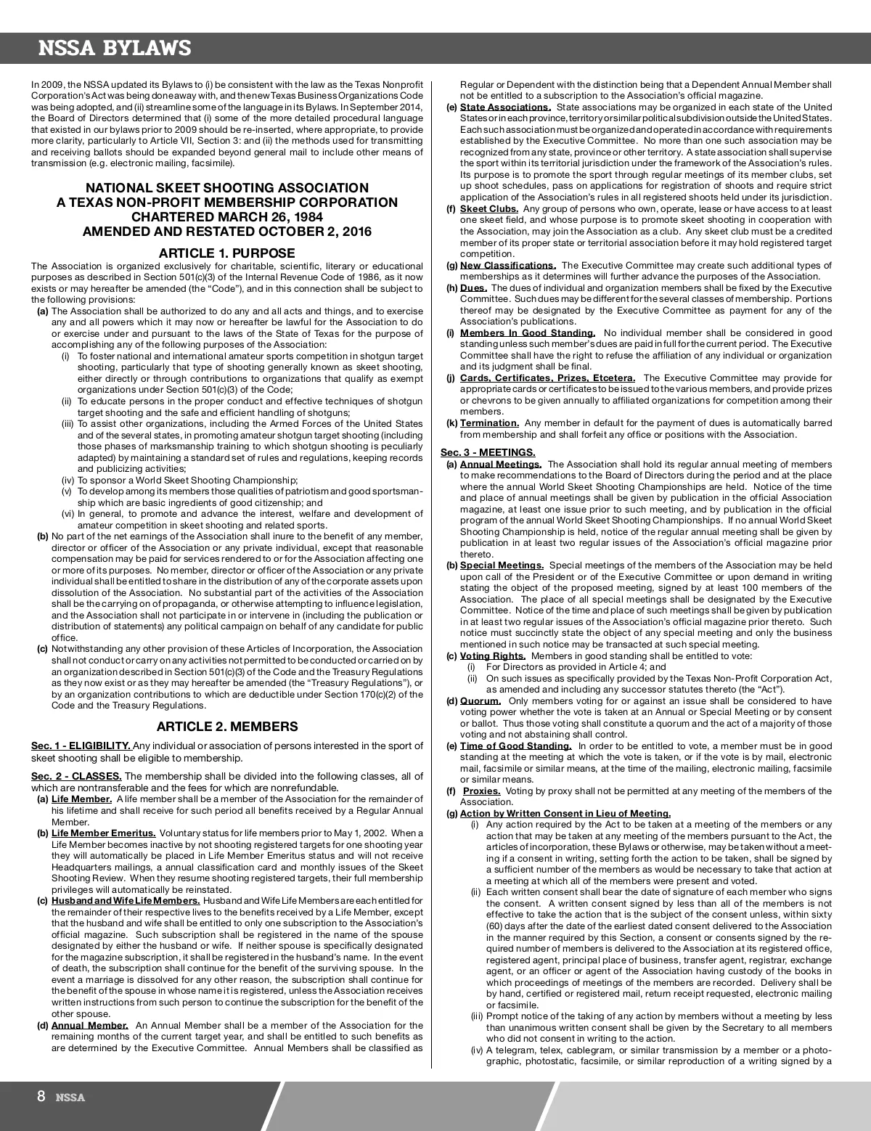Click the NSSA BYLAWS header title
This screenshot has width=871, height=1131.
tap(115, 49)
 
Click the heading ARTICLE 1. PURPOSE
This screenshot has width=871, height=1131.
tap(226, 253)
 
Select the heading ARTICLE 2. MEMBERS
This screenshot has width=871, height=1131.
tap(226, 727)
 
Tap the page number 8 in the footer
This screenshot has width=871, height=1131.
tap(41, 1096)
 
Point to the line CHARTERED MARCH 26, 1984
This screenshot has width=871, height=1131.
tap(226, 217)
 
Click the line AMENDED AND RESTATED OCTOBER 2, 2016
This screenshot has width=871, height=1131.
tap(226, 232)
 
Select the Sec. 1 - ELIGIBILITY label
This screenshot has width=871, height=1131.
tap(81, 746)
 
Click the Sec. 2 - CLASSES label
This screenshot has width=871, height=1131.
tap(76, 777)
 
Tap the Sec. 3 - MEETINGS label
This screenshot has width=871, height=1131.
tap(488, 453)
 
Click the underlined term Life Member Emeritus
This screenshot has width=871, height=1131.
tap(103, 833)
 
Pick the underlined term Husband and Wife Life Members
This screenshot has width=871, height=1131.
tap(125, 901)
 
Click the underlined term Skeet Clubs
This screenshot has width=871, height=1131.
tap(489, 209)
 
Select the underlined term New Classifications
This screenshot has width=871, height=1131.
tap(508, 266)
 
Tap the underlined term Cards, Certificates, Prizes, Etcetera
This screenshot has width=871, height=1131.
tap(547, 378)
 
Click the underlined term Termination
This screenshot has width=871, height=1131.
tap(489, 423)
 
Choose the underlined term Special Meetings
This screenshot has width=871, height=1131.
tap(502, 565)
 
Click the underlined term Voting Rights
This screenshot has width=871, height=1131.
tap(493, 656)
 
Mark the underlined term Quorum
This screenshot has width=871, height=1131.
tap(481, 701)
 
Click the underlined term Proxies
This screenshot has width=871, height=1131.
tap(482, 791)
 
